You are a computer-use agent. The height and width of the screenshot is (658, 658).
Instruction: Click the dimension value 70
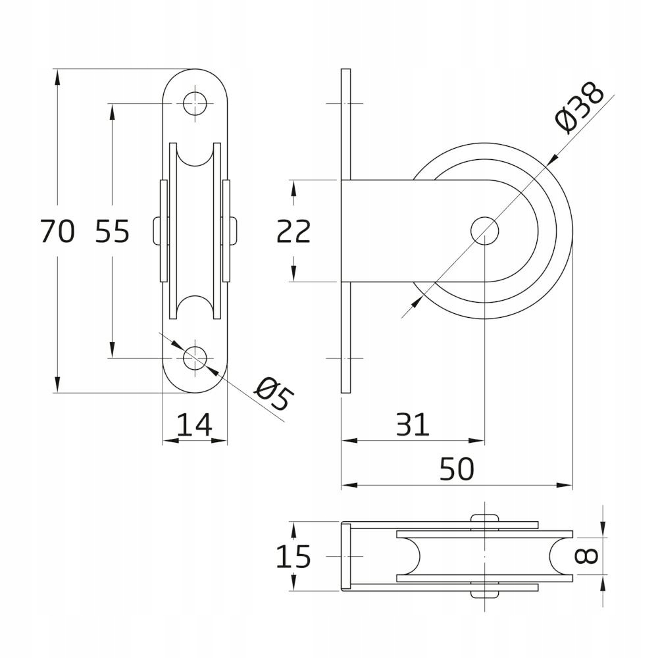(57, 232)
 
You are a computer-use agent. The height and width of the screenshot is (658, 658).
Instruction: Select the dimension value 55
(112, 232)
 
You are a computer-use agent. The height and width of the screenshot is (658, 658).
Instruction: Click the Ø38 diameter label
(579, 107)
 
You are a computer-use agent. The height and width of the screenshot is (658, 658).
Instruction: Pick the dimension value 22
(293, 232)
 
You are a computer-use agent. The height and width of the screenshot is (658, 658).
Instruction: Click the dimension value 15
(293, 557)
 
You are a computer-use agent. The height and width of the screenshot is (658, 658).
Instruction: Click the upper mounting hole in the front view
(195, 103)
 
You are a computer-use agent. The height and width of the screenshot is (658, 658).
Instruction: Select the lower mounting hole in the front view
(195, 359)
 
